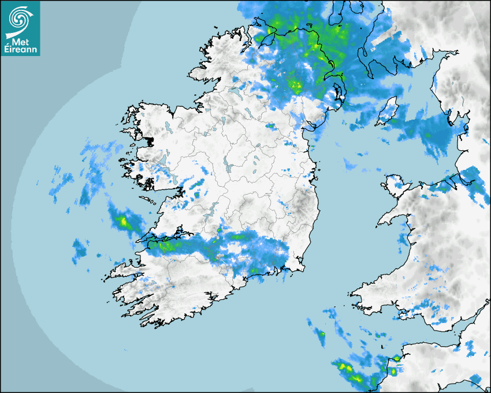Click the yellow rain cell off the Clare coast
click(x=122, y=220)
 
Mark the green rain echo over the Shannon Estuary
click(x=168, y=246)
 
